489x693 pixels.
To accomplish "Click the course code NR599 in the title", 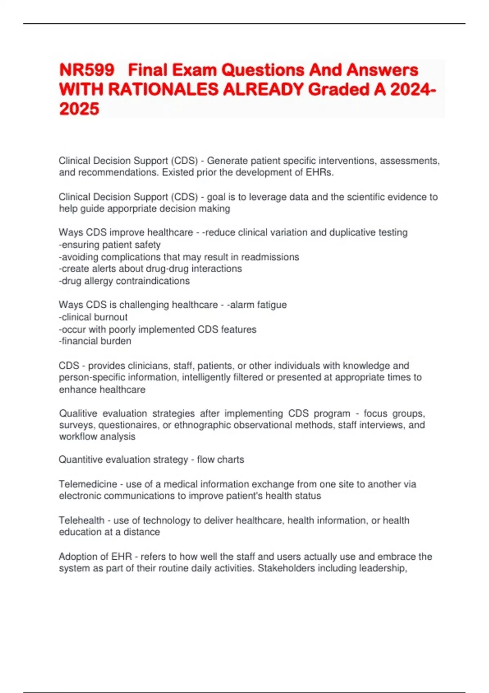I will (87, 70).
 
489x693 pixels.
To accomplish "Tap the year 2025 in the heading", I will (79, 109).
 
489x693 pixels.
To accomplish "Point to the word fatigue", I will (270, 305).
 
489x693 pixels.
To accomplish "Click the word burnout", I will (110, 317).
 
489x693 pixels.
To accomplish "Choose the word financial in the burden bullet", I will (79, 341).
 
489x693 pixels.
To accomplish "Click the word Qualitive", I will (78, 413).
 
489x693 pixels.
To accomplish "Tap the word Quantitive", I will (80, 460).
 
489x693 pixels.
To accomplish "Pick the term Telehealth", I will (81, 521).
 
